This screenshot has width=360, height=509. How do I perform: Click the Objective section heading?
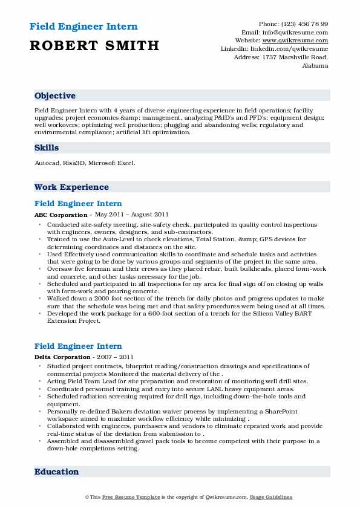tap(55, 96)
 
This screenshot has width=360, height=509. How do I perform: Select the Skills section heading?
tap(47, 148)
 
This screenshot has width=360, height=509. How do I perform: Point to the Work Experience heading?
tap(71, 187)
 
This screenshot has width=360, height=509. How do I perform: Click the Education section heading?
tap(56, 472)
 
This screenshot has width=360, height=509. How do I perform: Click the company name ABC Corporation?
tap(61, 215)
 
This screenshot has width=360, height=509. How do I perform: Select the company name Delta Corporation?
tap(62, 357)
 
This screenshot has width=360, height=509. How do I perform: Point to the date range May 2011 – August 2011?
tap(130, 215)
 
